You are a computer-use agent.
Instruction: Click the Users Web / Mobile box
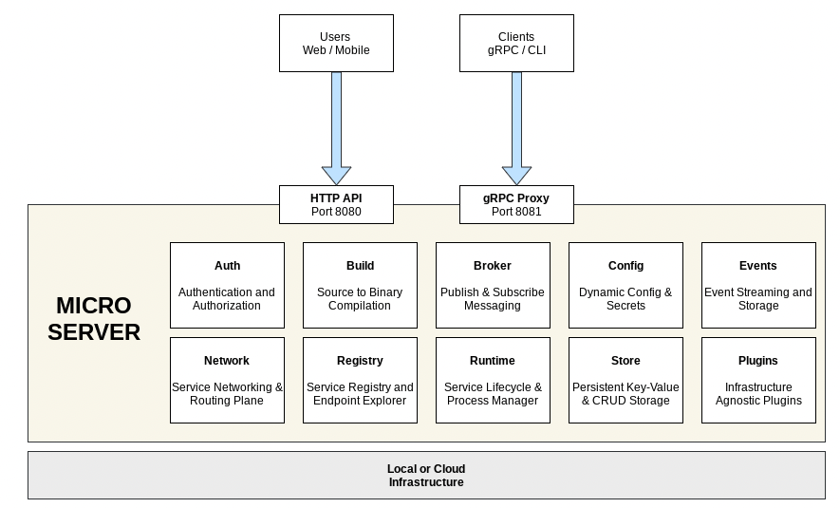[336, 44]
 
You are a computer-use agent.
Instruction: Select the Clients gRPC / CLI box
[516, 44]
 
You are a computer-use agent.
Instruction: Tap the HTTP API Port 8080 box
[336, 204]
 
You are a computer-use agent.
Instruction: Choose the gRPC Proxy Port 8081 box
[516, 204]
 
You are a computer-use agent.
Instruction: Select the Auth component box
[227, 285]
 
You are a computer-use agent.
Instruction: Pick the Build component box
[360, 285]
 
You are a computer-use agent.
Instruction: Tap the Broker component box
[493, 285]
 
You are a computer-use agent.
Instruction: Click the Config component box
[625, 285]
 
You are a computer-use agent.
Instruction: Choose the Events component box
[758, 285]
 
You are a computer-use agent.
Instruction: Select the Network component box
[227, 380]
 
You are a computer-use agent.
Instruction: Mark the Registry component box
[360, 380]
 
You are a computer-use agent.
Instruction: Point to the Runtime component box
[493, 380]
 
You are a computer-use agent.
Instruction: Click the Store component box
[625, 380]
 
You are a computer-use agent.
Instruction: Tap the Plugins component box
[758, 380]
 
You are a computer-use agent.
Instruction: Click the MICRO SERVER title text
[94, 319]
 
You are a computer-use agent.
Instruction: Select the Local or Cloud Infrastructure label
[426, 476]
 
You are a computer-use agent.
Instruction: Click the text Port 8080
[336, 212]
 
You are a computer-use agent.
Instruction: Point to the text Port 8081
[516, 212]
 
